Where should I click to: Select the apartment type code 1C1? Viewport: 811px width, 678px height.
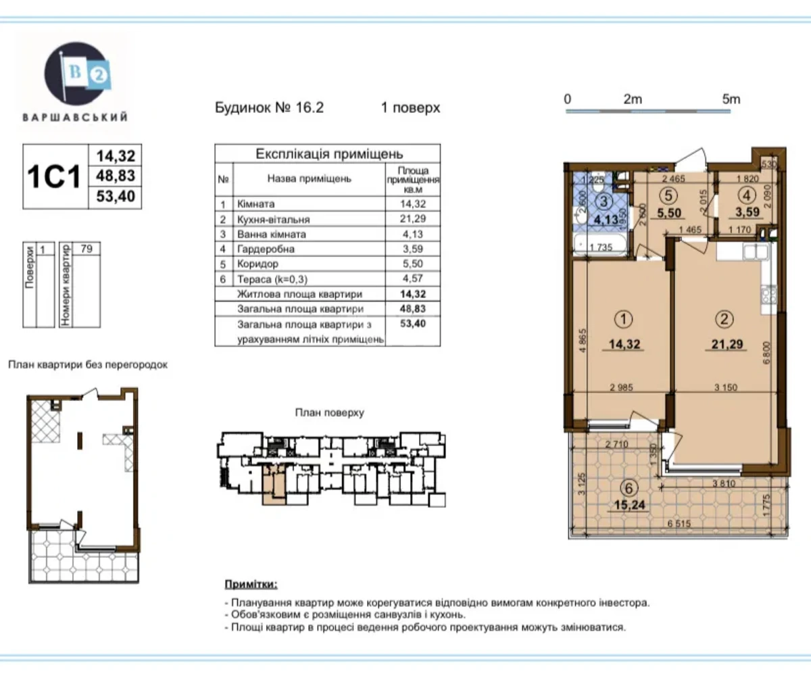pyautogui.click(x=54, y=176)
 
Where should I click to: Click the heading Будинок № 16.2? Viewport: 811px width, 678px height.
pyautogui.click(x=269, y=107)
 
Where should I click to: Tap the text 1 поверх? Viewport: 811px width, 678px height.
pyautogui.click(x=411, y=107)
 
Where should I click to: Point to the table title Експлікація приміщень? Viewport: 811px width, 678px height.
pyautogui.click(x=328, y=154)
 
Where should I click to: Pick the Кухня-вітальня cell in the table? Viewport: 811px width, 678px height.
pyautogui.click(x=273, y=219)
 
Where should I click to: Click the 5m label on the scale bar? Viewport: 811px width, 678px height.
pyautogui.click(x=731, y=99)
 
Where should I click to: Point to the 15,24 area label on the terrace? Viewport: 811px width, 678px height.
pyautogui.click(x=628, y=504)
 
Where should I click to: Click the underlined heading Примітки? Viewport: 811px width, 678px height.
pyautogui.click(x=250, y=583)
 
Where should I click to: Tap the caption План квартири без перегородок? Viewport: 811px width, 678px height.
pyautogui.click(x=87, y=364)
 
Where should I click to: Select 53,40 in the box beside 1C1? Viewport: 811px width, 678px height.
pyautogui.click(x=116, y=197)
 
